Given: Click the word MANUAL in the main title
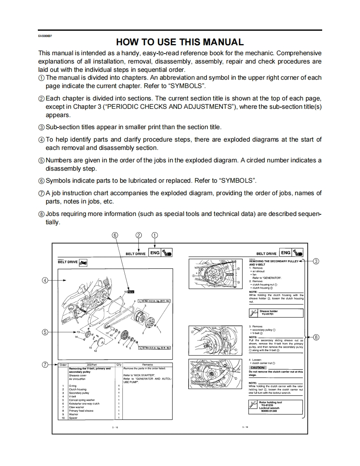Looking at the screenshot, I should tap(222, 42).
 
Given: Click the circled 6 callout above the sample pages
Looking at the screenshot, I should tap(115, 235).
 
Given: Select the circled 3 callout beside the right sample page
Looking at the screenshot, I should tap(316, 261).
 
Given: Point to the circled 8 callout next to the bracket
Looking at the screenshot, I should tap(316, 337).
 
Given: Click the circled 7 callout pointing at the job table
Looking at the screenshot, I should tap(45, 365).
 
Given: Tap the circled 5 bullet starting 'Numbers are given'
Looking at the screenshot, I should tap(41, 160).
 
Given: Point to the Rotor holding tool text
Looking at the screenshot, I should tap(270, 402).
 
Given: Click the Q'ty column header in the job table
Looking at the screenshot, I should tap(119, 365).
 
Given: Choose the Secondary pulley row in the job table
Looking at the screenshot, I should tap(79, 392).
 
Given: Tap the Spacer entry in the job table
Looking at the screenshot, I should tap(73, 418).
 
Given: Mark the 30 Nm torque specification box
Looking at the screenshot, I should tap(154, 348).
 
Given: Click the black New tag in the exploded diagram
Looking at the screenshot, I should tap(131, 292).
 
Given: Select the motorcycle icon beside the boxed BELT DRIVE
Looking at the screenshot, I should tap(83, 262).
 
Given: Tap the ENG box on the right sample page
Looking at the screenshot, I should tap(286, 253).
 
